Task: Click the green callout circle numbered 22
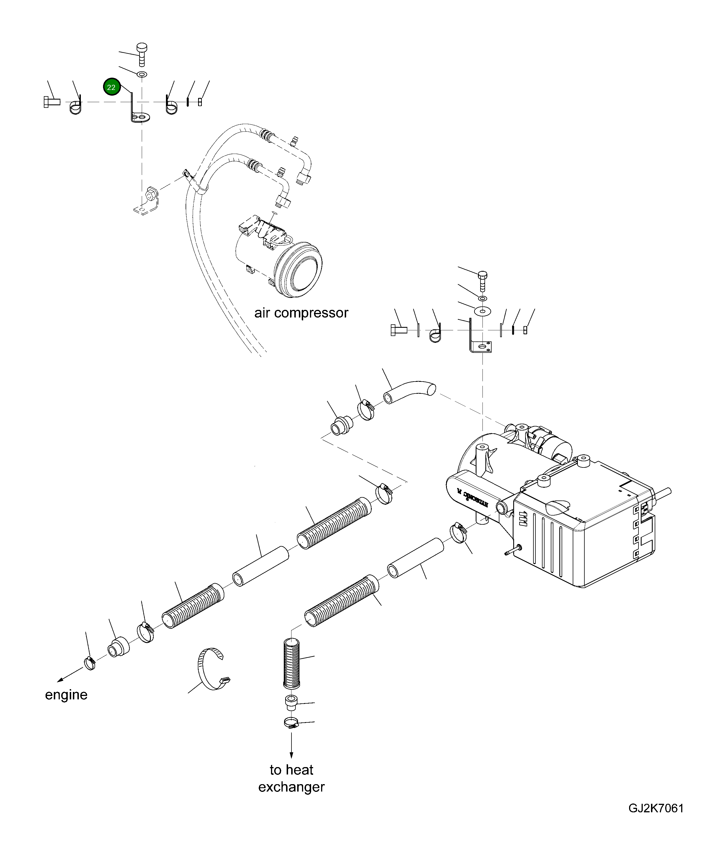coord(111,87)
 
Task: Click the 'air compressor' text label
coord(301,313)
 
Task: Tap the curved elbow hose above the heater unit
coord(409,392)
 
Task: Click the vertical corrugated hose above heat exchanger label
coord(291,663)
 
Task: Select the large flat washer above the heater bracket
coord(482,311)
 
